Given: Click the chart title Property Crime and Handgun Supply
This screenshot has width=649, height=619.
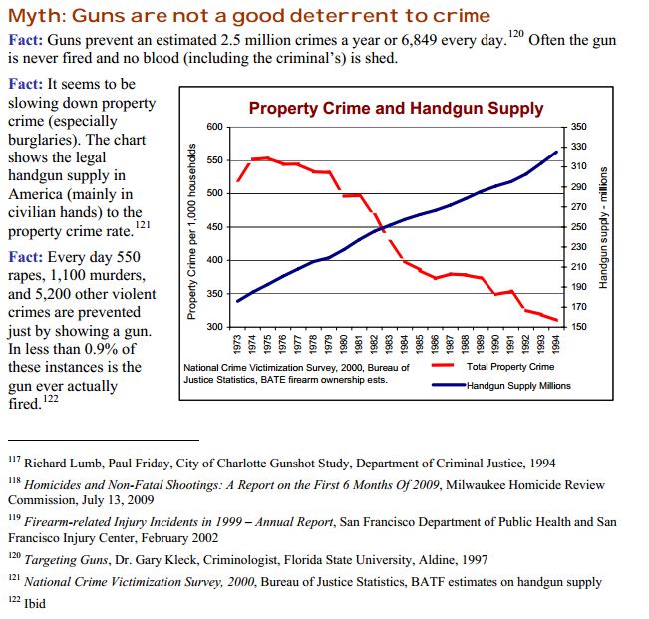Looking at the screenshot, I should click(x=396, y=109).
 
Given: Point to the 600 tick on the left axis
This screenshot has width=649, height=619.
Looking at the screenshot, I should click(x=216, y=128).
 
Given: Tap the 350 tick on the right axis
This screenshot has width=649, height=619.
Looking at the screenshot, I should click(x=580, y=128).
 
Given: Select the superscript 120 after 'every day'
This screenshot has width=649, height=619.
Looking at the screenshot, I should click(x=514, y=35).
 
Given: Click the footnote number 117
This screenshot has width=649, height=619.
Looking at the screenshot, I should click(x=13, y=461).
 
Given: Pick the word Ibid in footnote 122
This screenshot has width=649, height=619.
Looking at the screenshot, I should click(x=34, y=602).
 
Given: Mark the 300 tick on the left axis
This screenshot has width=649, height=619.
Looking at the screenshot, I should click(x=216, y=327).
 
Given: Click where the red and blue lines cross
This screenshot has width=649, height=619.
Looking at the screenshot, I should click(x=379, y=232).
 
